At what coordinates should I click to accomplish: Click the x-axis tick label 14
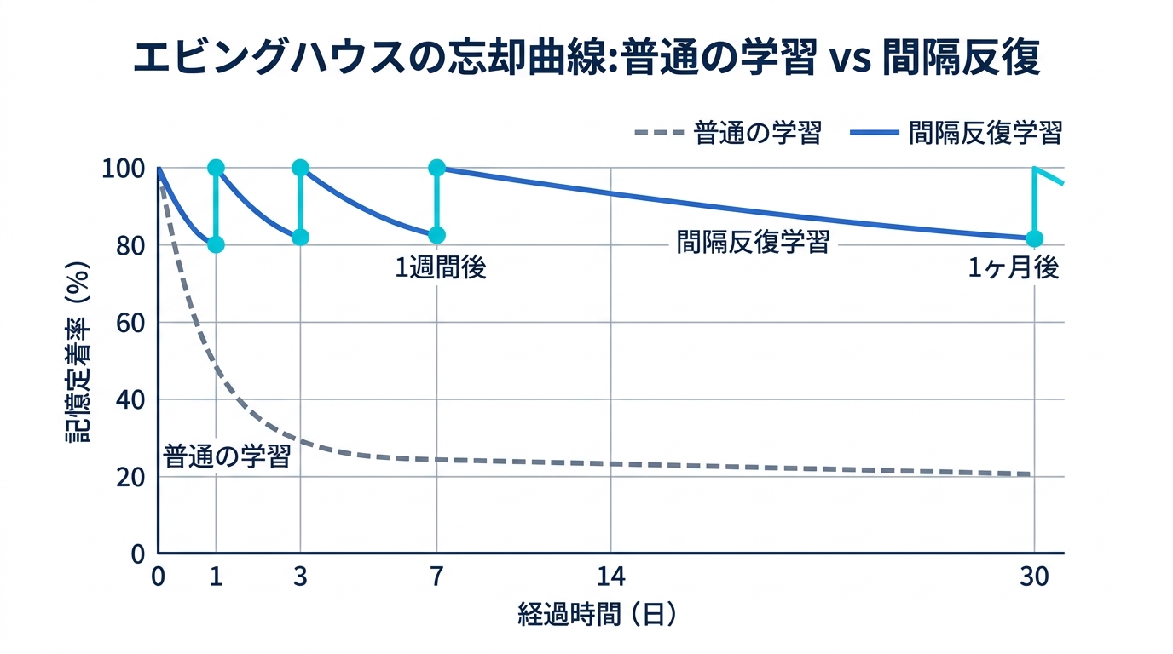pyautogui.click(x=610, y=577)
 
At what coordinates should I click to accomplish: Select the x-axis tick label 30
pyautogui.click(x=1034, y=577)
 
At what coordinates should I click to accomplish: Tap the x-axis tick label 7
pyautogui.click(x=436, y=577)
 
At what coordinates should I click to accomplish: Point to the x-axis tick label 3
pyautogui.click(x=300, y=577)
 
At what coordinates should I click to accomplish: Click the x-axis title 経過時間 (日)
pyautogui.click(x=597, y=615)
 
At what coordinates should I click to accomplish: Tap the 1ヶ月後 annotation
pyautogui.click(x=1014, y=268)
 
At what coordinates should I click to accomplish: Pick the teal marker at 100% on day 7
pyautogui.click(x=436, y=168)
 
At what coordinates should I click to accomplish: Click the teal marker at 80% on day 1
pyautogui.click(x=216, y=244)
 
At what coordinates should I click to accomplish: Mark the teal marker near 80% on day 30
pyautogui.click(x=1034, y=238)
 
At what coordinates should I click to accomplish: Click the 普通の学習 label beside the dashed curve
pyautogui.click(x=228, y=456)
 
